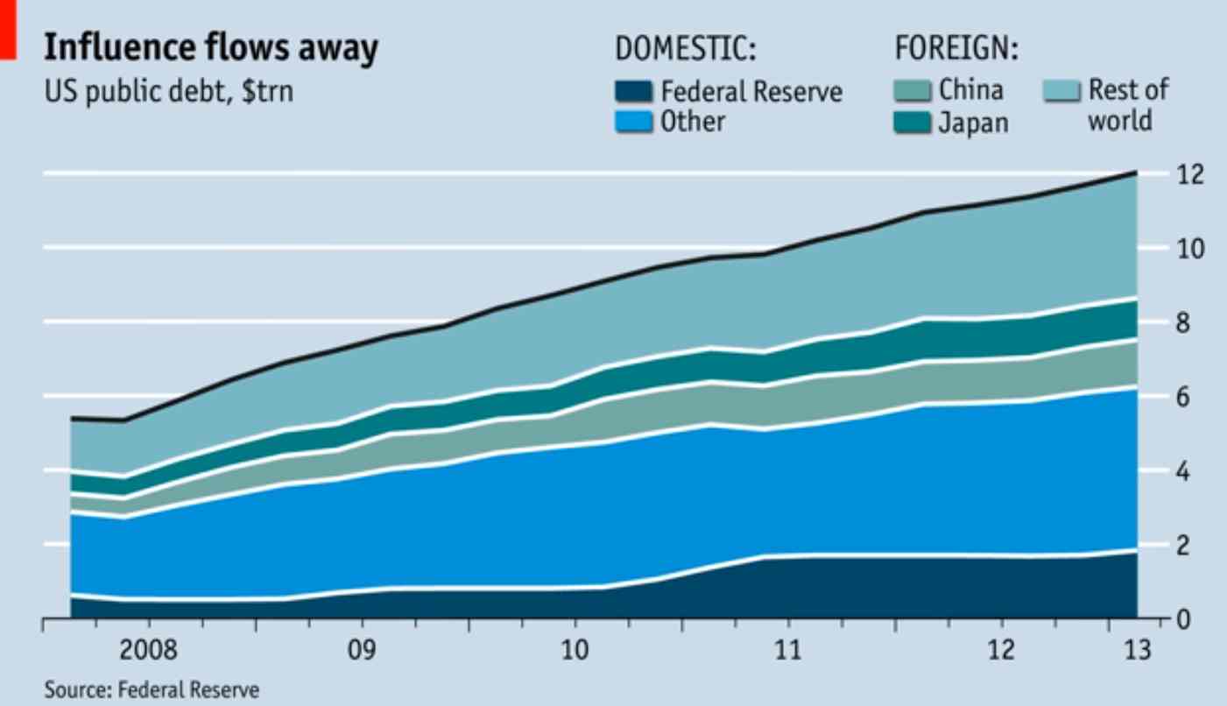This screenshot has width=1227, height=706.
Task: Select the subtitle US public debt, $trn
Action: click(x=169, y=90)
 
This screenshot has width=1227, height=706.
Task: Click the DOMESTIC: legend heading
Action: click(x=685, y=49)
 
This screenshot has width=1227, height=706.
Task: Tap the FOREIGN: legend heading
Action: click(x=956, y=49)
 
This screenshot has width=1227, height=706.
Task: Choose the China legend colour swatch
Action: click(x=911, y=90)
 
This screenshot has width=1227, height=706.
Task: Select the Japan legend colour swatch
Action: click(x=911, y=122)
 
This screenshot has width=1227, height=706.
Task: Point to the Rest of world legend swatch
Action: click(x=1061, y=90)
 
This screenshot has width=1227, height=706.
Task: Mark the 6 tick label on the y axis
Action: click(x=1185, y=398)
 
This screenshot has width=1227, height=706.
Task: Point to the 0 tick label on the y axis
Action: click(x=1185, y=620)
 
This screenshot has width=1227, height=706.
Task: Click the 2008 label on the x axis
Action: click(x=149, y=651)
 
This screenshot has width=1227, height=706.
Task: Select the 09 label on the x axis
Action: click(x=361, y=651)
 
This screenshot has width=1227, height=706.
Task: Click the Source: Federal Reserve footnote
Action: click(x=152, y=690)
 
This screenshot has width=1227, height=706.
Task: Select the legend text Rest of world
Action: click(x=1128, y=104)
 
